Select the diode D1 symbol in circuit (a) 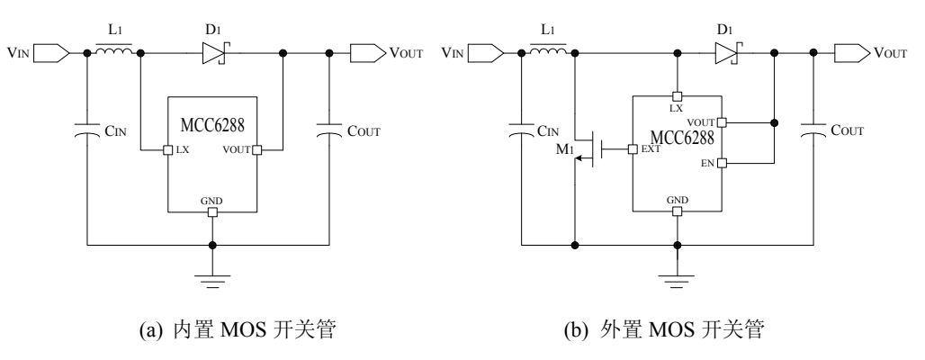click(x=212, y=53)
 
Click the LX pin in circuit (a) click(x=167, y=149)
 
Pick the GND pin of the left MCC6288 click(x=212, y=212)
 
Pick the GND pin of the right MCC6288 click(x=678, y=212)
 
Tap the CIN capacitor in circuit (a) click(x=87, y=131)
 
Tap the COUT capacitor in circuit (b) click(x=814, y=131)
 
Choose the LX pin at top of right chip click(x=678, y=96)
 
